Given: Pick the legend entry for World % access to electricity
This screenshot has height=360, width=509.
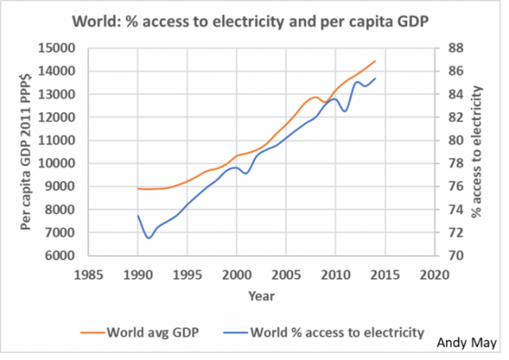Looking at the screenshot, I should point(336,331).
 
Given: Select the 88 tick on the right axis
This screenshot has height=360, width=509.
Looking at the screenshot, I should point(453,48).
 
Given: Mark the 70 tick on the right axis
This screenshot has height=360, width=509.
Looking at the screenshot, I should point(453,256).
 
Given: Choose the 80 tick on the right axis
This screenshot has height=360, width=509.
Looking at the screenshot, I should point(453,141).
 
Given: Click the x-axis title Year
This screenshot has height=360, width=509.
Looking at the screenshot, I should point(260,296).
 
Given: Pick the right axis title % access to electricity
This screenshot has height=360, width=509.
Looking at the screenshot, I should point(477,152).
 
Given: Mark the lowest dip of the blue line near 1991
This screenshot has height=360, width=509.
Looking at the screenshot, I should point(148,238).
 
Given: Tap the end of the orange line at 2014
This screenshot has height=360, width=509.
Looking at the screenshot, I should point(375,60).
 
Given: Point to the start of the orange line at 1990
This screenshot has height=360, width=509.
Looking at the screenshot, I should point(138,188).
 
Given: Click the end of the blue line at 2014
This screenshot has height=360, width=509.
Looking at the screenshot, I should point(375,78).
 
